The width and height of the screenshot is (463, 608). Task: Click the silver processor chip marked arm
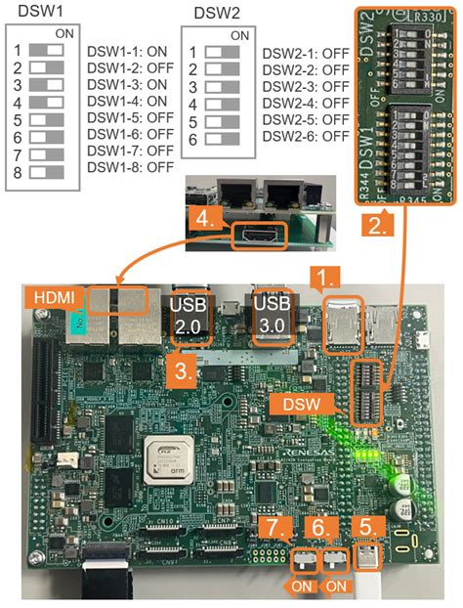168,463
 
